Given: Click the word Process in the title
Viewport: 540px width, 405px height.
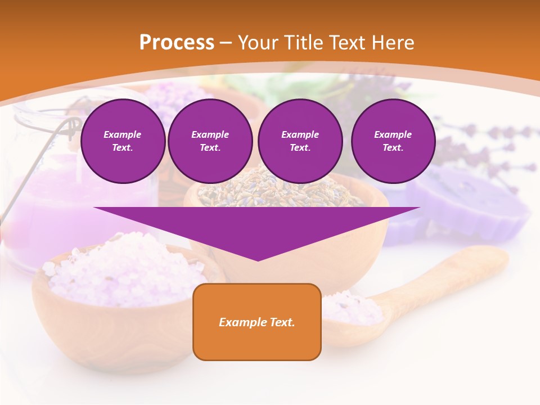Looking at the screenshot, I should pyautogui.click(x=177, y=43).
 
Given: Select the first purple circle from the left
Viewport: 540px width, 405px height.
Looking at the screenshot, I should pyautogui.click(x=123, y=141).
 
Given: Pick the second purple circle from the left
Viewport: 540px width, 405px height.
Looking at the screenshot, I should pyautogui.click(x=210, y=141).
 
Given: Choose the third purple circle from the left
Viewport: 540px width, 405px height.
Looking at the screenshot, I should pyautogui.click(x=300, y=141).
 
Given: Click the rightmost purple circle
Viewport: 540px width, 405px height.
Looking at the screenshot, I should pyautogui.click(x=393, y=141).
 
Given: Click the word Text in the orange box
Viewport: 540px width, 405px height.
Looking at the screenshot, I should pyautogui.click(x=282, y=322).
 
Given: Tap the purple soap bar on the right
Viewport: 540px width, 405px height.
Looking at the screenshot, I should pyautogui.click(x=472, y=202).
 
